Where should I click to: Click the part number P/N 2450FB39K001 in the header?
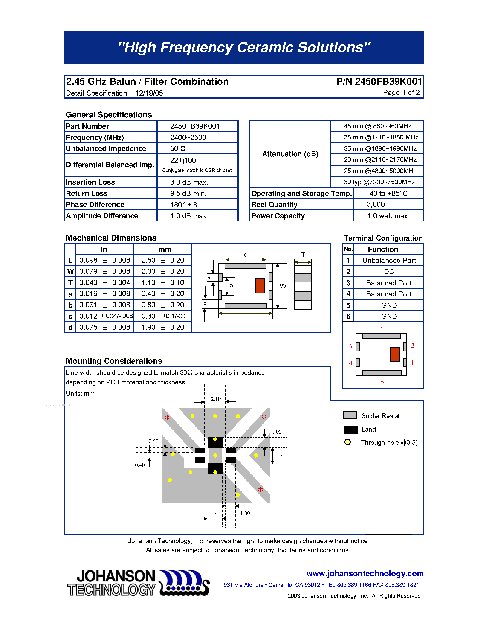[x=379, y=82]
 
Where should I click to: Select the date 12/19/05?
[x=149, y=93]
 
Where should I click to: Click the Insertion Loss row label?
[x=90, y=182]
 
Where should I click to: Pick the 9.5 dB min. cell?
[x=188, y=193]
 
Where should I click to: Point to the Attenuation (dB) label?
[x=290, y=154]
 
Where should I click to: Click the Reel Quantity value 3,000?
[x=376, y=204]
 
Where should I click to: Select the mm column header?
[x=165, y=249]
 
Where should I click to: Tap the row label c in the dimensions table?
[x=70, y=316]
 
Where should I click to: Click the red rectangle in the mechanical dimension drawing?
[x=260, y=285]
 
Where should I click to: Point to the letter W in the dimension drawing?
[x=283, y=286]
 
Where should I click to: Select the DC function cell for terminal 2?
[x=389, y=272]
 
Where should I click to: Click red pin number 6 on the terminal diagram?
[x=382, y=328]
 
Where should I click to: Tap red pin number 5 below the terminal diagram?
[x=382, y=382]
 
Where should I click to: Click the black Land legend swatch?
[x=350, y=430]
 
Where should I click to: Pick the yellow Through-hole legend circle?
[x=347, y=442]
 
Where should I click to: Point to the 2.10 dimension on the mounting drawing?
[x=216, y=399]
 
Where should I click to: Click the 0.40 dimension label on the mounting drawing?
[x=140, y=465]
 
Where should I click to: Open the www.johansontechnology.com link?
[x=365, y=573]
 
